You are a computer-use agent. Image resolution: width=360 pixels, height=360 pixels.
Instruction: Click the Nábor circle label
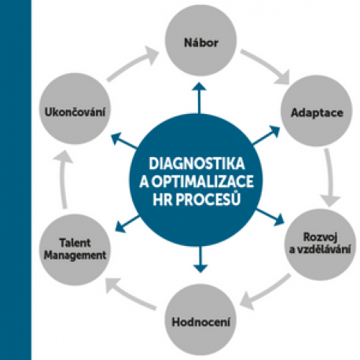[x=201, y=42]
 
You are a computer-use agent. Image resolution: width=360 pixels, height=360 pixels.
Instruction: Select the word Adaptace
[x=317, y=112]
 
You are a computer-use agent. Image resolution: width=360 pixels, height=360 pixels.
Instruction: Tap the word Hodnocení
[x=201, y=321]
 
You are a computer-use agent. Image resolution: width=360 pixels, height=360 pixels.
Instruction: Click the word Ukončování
[x=75, y=112]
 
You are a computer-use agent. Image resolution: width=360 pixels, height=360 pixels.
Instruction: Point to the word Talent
[x=75, y=243]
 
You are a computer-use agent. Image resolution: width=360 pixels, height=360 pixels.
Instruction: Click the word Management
[x=75, y=255]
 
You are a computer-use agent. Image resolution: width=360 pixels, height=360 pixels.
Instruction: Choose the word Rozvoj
[x=320, y=237]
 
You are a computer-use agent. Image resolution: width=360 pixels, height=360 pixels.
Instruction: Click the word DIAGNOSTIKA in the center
[x=197, y=163]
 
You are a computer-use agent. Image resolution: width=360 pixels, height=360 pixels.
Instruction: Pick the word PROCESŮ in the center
[x=208, y=200]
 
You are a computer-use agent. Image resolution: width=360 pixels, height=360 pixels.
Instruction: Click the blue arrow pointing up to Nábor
[x=200, y=98]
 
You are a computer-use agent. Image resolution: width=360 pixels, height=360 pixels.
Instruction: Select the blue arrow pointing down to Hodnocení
[x=200, y=259]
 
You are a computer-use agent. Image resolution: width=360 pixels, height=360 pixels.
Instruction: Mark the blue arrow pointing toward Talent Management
[x=127, y=223]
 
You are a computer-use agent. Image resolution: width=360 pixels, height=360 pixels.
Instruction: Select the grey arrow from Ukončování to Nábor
[x=132, y=64]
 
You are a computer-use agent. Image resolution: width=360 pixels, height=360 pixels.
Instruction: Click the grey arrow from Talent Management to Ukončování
[x=63, y=179]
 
